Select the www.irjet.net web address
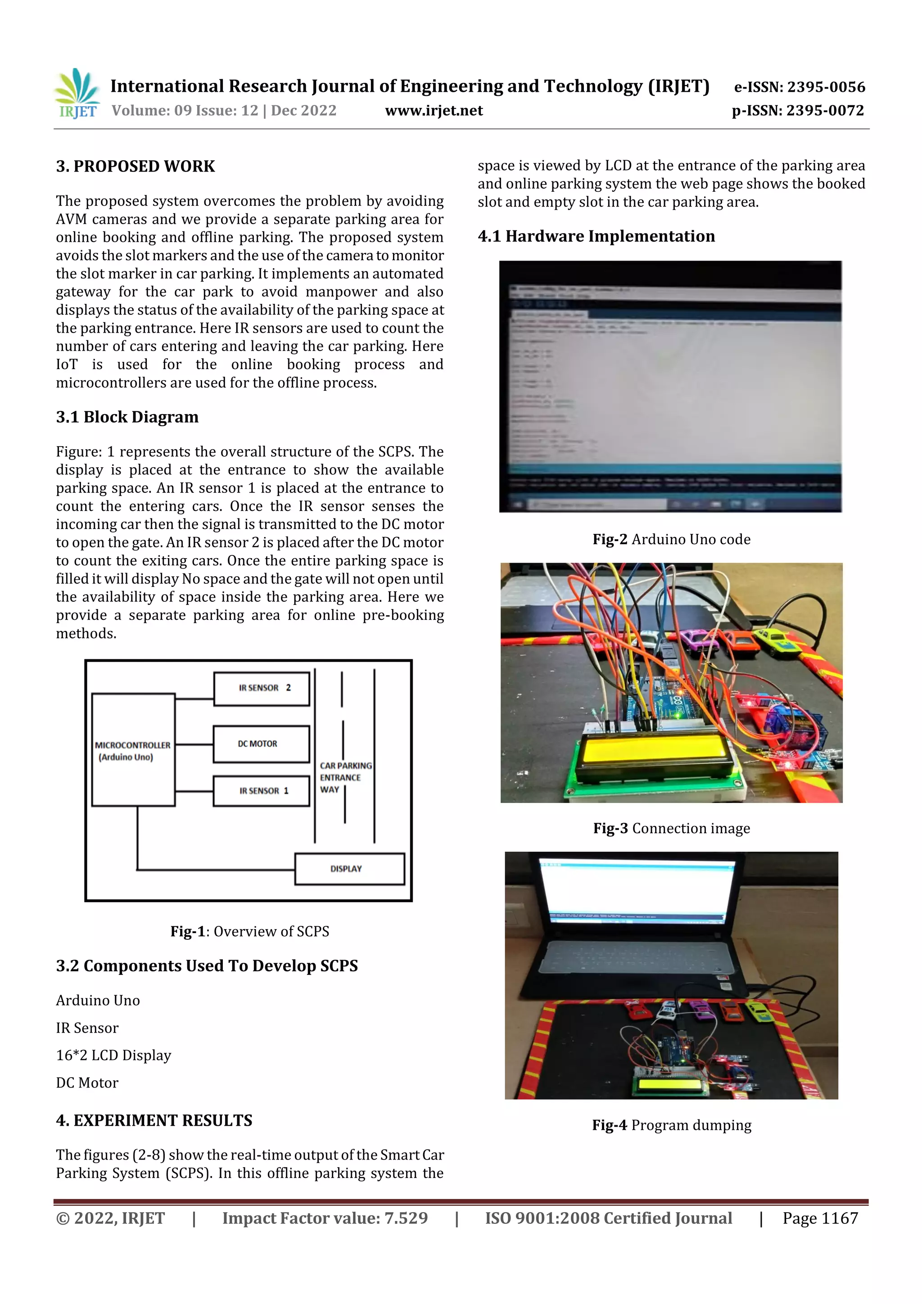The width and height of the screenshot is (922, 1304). coord(434,111)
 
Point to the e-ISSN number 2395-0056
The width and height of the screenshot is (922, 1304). coord(799,87)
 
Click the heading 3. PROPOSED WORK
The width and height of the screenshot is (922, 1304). coord(135,167)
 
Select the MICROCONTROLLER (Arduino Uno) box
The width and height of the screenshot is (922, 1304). coord(133,750)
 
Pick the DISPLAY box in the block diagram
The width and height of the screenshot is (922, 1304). coord(349,868)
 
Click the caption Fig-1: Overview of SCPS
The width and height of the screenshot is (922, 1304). coord(249,931)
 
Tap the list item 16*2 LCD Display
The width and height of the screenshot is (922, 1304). coord(113,1055)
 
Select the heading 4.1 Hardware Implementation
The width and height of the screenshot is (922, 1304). coord(596,236)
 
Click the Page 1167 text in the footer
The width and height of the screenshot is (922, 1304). coord(820,1218)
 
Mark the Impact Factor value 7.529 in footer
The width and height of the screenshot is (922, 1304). coord(325,1218)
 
